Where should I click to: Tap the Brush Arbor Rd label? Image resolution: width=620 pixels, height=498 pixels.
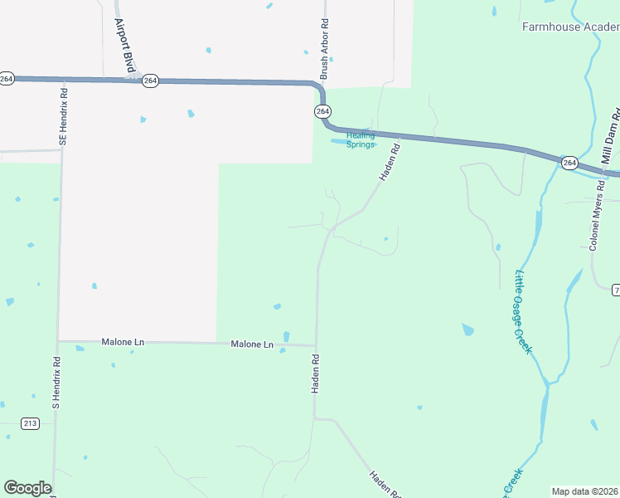(325, 51)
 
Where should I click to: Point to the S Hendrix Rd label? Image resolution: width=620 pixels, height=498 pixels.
(56, 383)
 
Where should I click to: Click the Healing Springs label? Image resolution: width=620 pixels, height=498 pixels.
(361, 139)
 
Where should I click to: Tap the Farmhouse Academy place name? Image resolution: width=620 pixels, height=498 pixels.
(570, 27)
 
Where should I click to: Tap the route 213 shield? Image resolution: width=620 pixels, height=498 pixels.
(30, 423)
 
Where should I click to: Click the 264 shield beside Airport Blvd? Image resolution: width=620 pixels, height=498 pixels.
(150, 81)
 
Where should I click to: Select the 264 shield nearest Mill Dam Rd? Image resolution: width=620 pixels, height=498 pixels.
(569, 163)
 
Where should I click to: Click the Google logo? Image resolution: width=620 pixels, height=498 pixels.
(27, 488)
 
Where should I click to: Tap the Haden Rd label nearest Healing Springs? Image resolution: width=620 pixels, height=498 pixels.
(390, 163)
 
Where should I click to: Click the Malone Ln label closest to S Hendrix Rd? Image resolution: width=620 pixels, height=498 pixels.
(123, 342)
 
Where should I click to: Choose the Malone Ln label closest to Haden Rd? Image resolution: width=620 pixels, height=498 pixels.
(252, 344)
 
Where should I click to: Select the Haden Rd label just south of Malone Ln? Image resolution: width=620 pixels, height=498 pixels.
(316, 375)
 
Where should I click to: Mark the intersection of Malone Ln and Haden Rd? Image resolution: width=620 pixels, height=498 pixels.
(316, 345)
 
